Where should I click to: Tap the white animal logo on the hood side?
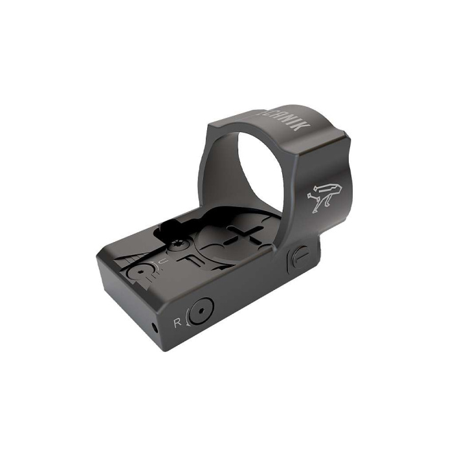(321, 195)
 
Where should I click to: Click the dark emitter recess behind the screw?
(170, 228)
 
